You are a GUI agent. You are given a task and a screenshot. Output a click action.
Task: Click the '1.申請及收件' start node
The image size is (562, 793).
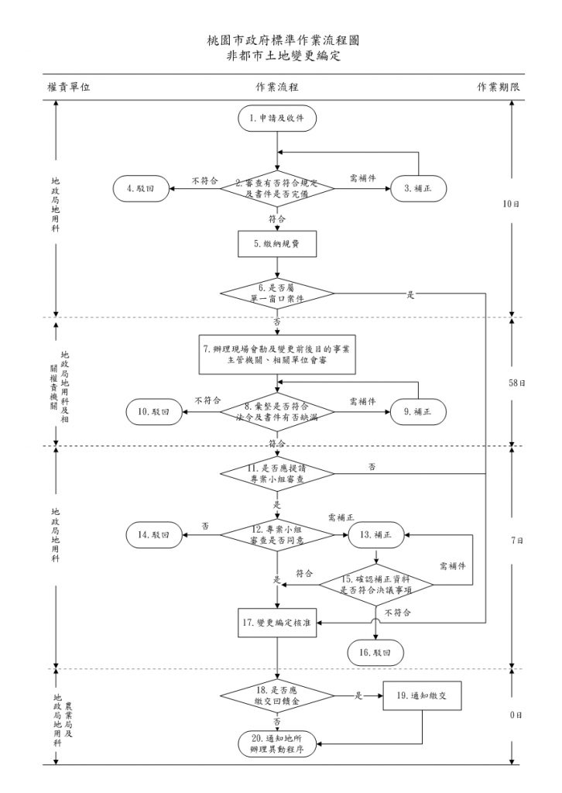(x=276, y=119)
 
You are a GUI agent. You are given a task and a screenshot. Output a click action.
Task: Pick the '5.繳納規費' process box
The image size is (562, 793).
(x=276, y=244)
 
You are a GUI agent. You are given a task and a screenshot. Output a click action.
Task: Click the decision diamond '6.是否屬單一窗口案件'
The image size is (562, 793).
(x=276, y=293)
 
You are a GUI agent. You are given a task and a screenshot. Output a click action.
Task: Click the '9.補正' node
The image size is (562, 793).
(x=418, y=412)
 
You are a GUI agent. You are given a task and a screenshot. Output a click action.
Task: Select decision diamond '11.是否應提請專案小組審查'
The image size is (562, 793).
(x=276, y=473)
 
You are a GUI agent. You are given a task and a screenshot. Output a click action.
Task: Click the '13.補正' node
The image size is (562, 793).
(x=375, y=534)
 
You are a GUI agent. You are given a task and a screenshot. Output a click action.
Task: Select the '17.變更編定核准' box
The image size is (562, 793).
(x=276, y=623)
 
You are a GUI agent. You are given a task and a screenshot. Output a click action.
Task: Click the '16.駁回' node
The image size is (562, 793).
(x=375, y=653)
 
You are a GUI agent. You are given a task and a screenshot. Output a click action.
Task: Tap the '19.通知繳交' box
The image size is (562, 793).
(x=423, y=695)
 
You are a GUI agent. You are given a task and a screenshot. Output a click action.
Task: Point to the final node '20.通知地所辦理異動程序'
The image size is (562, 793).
(x=276, y=744)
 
